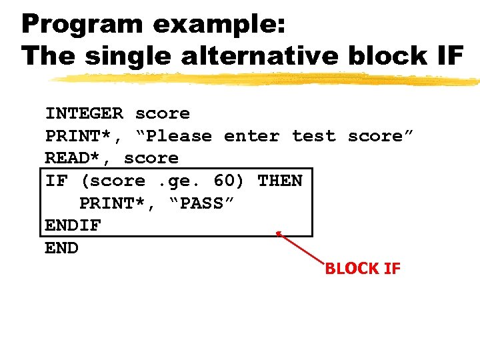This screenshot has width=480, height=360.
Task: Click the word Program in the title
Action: (x=82, y=24)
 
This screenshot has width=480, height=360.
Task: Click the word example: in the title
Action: (x=219, y=24)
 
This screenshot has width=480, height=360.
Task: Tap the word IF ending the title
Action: (x=449, y=56)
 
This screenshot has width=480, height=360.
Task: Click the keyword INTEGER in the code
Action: (x=84, y=113)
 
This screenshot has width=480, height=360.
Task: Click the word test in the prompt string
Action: (x=314, y=136)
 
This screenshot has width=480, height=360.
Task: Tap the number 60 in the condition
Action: (x=224, y=181)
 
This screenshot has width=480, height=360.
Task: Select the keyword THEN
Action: (x=280, y=181)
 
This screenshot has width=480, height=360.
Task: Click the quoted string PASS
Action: (x=201, y=203)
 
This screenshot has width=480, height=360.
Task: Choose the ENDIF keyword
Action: (x=73, y=225)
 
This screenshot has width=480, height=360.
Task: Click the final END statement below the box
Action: (x=61, y=248)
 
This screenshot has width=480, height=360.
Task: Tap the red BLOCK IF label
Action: (x=362, y=269)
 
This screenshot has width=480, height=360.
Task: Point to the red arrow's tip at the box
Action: (x=278, y=233)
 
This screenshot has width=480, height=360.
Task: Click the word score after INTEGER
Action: (x=162, y=113)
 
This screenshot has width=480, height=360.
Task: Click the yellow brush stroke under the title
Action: (x=267, y=79)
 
